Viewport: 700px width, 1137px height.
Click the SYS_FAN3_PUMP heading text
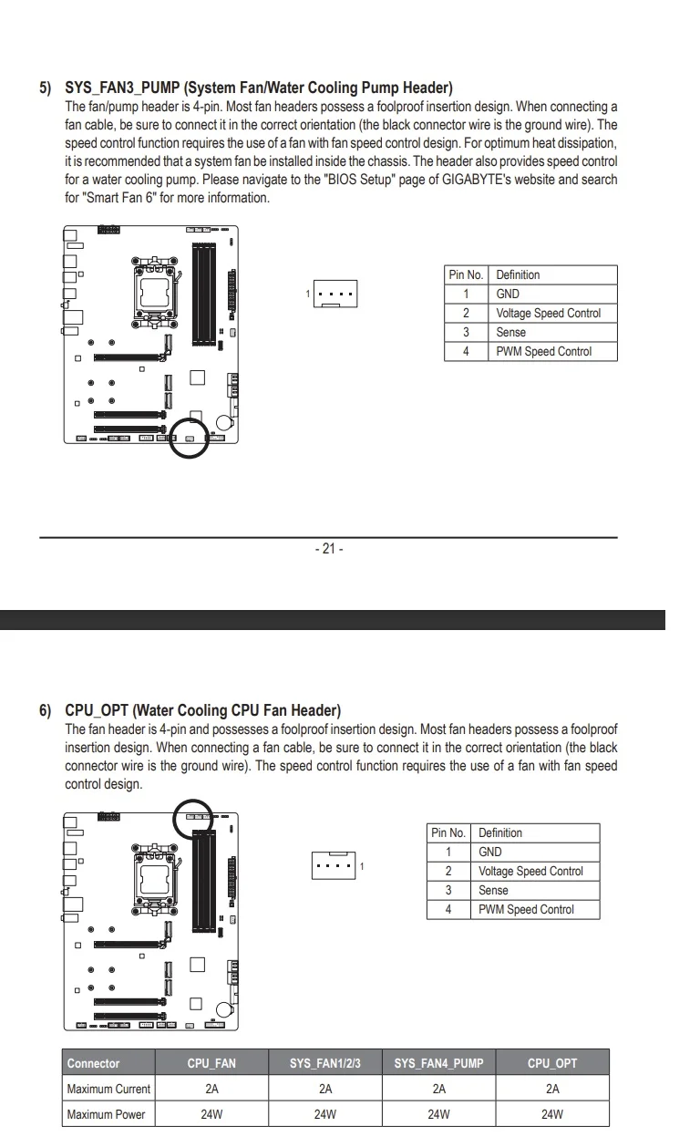259,88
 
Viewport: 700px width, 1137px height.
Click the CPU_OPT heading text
203,710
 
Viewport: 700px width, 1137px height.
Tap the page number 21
329,549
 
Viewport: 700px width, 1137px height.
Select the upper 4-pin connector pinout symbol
335,294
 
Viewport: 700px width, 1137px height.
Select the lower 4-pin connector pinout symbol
334,865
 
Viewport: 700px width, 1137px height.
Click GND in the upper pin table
508,294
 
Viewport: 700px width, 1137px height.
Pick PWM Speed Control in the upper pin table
544,351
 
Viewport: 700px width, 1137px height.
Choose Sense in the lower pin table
493,890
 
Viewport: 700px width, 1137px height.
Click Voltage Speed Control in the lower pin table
530,871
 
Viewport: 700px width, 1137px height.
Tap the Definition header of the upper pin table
518,274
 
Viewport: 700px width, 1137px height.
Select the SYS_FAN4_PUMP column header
438,1063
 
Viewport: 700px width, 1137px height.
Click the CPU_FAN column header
211,1063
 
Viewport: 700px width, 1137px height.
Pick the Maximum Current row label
108,1089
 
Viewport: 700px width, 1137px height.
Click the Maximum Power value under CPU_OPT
551,1114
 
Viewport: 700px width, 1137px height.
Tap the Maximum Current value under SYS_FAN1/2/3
325,1089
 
